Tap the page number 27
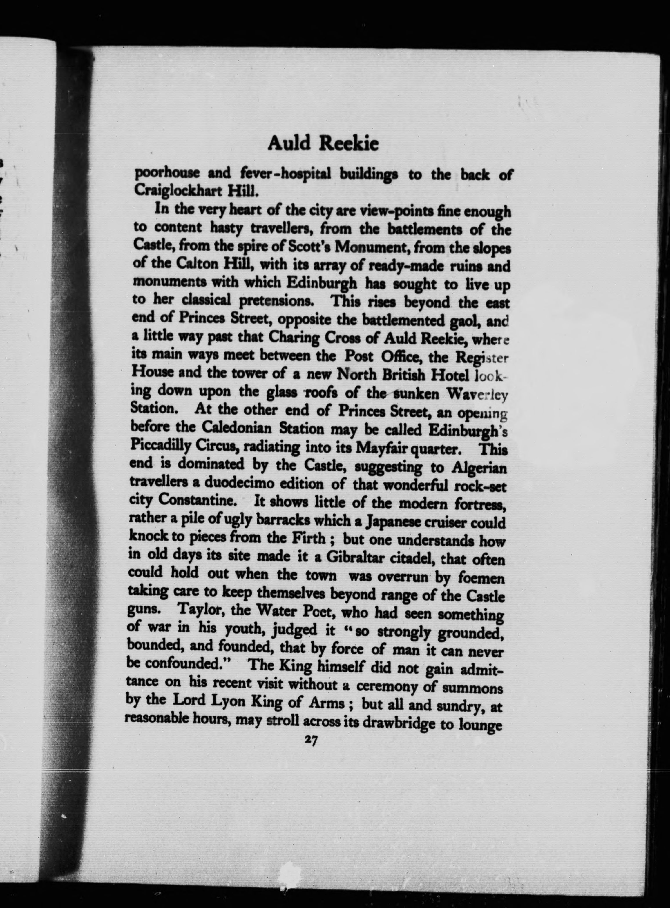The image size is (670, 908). [312, 740]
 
